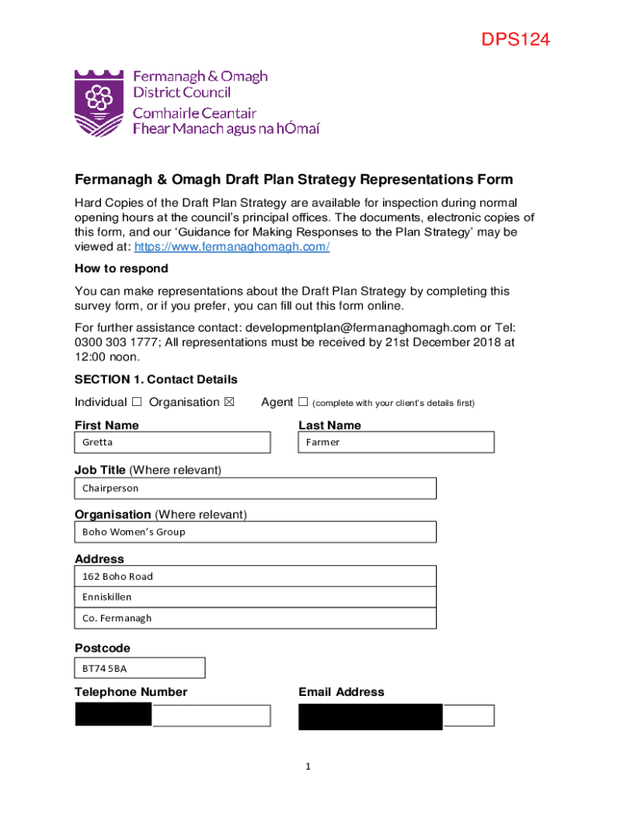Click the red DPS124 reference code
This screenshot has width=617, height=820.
pyautogui.click(x=515, y=40)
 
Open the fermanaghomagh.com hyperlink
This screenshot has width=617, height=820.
pyautogui.click(x=232, y=247)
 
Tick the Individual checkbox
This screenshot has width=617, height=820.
pyautogui.click(x=137, y=402)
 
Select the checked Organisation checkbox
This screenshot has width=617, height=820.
pyautogui.click(x=229, y=402)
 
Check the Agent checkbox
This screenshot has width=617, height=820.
pyautogui.click(x=303, y=402)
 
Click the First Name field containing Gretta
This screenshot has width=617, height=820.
pyautogui.click(x=172, y=442)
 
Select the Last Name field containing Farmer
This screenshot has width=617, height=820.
pyautogui.click(x=396, y=442)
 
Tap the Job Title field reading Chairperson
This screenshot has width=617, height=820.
pyautogui.click(x=255, y=488)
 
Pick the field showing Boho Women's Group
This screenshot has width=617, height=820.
pyautogui.click(x=255, y=532)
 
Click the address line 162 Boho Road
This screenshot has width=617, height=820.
pyautogui.click(x=255, y=577)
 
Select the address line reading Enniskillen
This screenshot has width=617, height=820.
pyautogui.click(x=255, y=597)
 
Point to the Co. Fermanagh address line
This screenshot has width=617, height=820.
pyautogui.click(x=255, y=618)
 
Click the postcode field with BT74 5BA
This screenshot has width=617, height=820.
pyautogui.click(x=139, y=668)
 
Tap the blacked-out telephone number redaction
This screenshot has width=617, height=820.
pyautogui.click(x=113, y=714)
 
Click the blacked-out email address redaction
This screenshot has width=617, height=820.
pyautogui.click(x=370, y=717)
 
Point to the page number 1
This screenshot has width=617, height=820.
pyautogui.click(x=308, y=767)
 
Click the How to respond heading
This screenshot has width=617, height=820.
pyautogui.click(x=121, y=269)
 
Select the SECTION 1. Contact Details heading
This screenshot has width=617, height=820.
pyautogui.click(x=155, y=380)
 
